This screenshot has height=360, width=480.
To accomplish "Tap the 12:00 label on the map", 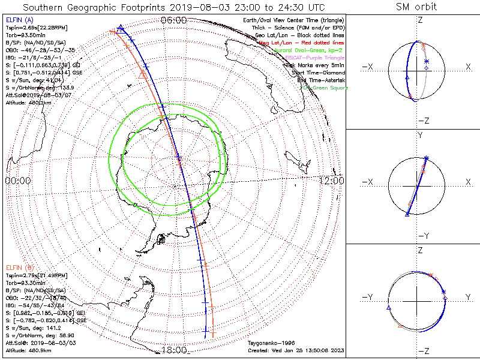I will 331,180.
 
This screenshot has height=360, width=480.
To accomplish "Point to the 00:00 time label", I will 18,180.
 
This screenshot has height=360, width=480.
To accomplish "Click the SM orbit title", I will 416,7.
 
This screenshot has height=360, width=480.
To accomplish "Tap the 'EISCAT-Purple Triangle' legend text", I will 311,58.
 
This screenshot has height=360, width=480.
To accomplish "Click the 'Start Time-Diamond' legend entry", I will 316,73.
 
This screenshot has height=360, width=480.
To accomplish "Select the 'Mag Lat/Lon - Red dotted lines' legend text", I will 301,43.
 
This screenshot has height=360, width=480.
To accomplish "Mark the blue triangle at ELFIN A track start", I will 121,28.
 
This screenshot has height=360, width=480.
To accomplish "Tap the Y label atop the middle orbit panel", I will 420,136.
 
